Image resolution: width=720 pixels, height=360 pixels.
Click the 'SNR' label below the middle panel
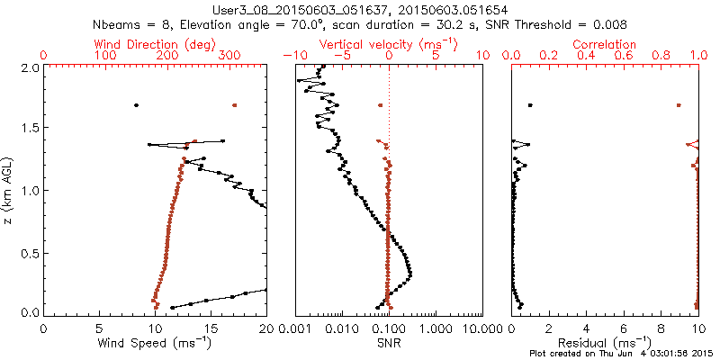(388, 343)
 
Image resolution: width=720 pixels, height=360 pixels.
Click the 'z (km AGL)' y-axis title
(8, 189)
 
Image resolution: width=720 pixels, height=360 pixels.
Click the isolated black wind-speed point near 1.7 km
(137, 105)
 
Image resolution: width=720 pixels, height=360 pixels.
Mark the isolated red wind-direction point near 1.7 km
(234, 105)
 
